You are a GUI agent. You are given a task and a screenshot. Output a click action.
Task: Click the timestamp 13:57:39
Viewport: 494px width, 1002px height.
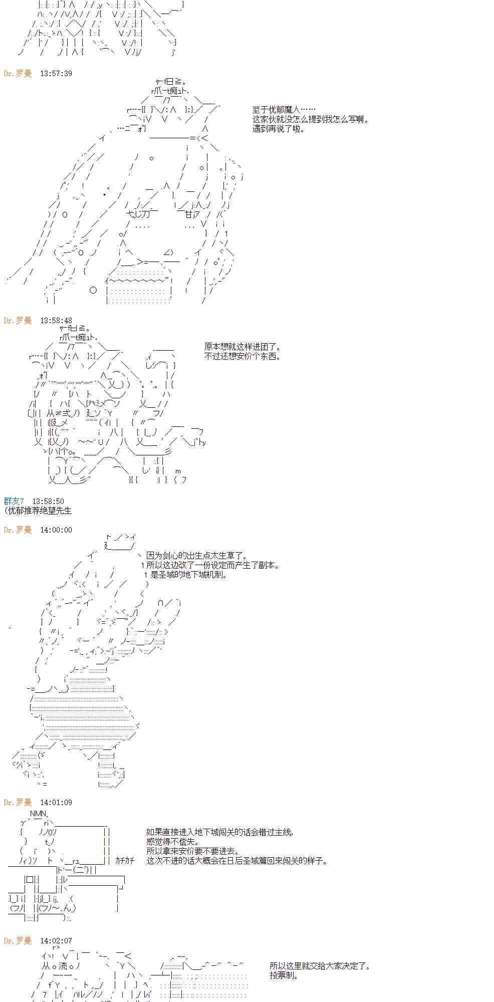56,74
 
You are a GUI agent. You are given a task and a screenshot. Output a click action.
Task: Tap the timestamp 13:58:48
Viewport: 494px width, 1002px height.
56,321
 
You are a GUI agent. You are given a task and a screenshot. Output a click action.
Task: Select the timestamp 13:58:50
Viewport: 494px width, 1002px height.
48,502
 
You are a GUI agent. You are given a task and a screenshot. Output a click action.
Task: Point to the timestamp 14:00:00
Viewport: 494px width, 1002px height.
56,530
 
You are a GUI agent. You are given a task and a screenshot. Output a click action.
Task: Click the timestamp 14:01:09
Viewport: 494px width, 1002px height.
56,803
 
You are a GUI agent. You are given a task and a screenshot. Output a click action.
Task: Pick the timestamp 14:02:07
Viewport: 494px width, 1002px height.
56,941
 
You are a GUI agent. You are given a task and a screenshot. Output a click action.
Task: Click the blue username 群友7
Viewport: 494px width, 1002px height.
14,502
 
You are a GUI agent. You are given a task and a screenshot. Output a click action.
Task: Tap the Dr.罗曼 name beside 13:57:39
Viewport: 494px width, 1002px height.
18,74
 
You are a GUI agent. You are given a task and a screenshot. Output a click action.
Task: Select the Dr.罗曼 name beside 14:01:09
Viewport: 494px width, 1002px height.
18,803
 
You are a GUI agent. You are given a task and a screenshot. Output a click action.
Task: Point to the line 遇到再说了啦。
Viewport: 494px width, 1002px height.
278,129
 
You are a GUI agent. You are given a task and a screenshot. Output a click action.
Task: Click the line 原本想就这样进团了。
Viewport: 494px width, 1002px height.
243,347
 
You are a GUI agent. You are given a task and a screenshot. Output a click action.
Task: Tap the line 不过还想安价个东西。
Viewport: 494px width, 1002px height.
243,356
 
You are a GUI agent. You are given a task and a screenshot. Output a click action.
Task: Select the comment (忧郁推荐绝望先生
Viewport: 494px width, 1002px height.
38,511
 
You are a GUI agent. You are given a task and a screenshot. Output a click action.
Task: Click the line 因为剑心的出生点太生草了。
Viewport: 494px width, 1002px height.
196,556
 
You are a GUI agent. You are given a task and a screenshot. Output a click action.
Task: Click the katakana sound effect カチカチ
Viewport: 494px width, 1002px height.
125,861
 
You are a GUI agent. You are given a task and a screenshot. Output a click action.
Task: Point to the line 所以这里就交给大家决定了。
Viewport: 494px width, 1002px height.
320,966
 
